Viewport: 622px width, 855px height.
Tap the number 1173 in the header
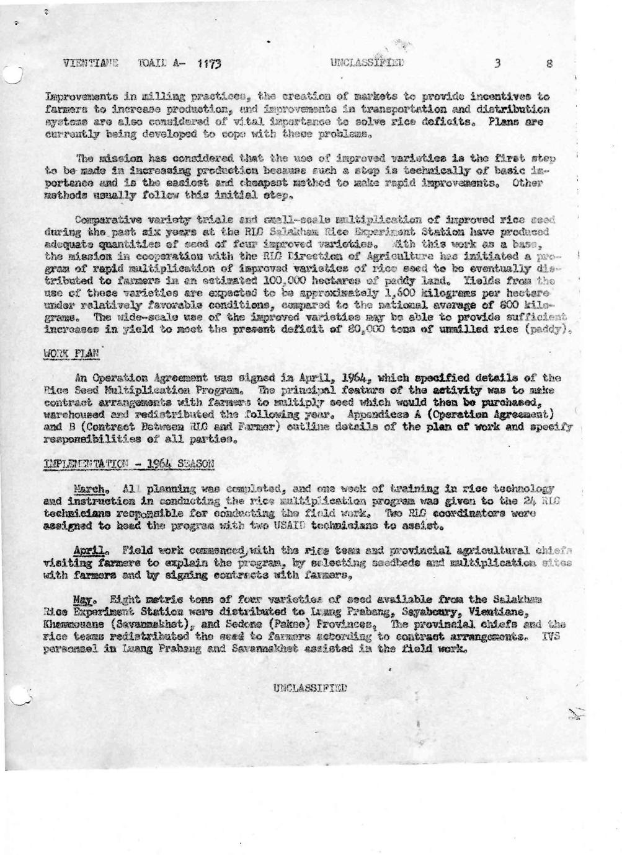click(x=209, y=63)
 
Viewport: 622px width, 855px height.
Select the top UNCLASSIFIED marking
click(x=367, y=63)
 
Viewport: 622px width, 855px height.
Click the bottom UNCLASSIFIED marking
click(x=311, y=687)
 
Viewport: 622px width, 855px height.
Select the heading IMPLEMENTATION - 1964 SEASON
click(x=129, y=463)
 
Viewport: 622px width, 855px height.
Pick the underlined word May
click(x=82, y=600)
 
